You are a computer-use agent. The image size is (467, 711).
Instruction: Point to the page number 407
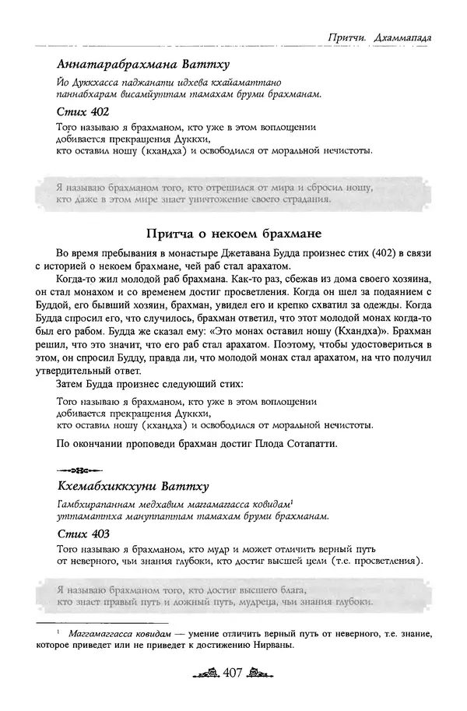pos(234,691)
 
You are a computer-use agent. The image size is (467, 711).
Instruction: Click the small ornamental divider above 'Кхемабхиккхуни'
pos(77,471)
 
